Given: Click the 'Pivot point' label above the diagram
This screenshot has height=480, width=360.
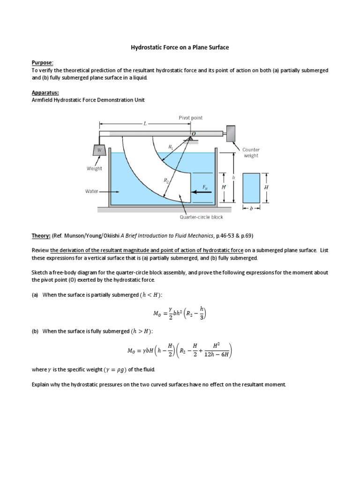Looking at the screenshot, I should coord(191,118).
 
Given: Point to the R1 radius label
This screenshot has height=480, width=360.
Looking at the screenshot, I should coord(171,146).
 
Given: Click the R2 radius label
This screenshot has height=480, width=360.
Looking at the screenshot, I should coord(166,180).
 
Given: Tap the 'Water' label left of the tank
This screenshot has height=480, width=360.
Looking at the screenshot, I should coord(92,191).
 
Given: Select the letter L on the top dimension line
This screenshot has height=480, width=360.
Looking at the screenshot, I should coord(145,124).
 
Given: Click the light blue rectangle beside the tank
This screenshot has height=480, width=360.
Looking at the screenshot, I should coord(251,187).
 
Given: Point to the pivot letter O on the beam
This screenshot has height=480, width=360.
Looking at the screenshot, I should coord(193,134).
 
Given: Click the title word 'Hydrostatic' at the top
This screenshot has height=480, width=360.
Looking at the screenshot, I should coord(146,48).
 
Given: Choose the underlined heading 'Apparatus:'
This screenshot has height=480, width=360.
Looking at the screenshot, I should coord(46,92).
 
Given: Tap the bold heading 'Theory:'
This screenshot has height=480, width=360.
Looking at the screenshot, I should coord(41,235).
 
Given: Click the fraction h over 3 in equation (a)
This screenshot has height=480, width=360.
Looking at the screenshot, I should coord(202,311).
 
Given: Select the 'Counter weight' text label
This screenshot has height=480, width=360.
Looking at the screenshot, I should coord(251,153).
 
